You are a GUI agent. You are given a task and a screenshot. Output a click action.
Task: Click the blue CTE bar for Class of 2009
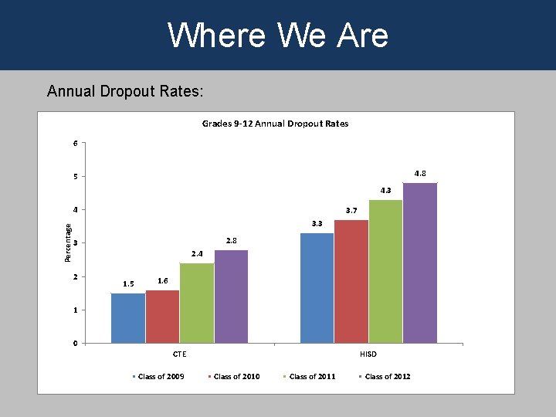[128, 318]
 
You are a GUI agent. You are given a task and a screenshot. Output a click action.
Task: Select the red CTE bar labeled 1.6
[162, 317]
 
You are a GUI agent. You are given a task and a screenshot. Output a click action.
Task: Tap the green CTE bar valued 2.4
[197, 303]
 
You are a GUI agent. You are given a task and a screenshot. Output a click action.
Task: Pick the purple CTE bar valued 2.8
[231, 297]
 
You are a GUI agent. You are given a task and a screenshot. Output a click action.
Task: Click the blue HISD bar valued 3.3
[317, 287]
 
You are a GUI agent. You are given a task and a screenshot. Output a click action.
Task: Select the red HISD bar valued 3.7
[351, 281]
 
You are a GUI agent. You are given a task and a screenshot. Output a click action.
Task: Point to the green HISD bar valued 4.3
[385, 271]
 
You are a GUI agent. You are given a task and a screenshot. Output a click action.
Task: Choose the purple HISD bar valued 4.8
[420, 263]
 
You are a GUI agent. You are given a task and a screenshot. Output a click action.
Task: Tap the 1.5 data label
[127, 284]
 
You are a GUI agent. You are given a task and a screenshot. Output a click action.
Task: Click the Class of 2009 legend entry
[159, 377]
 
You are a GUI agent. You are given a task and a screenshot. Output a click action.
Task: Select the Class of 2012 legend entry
[385, 377]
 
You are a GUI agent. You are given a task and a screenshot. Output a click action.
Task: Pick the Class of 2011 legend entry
[310, 377]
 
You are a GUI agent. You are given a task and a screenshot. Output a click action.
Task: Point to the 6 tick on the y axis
[75, 143]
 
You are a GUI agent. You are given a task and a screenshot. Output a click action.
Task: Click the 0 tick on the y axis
[75, 344]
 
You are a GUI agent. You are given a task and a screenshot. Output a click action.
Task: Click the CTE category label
[179, 354]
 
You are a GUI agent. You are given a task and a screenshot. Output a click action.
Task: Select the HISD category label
[368, 354]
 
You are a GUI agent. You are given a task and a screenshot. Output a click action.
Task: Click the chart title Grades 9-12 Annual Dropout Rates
[275, 124]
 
